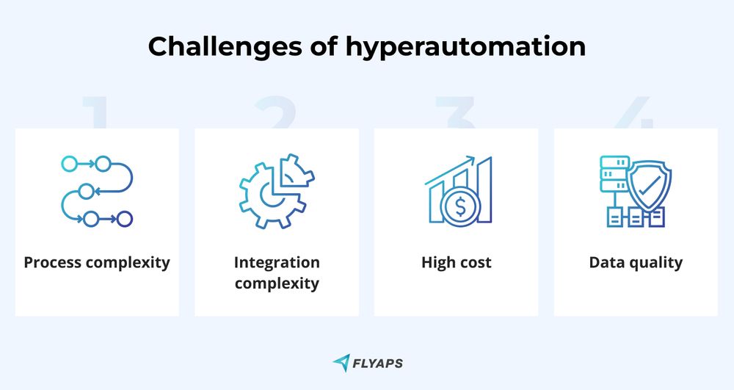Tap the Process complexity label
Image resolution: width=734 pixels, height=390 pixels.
(x=97, y=262)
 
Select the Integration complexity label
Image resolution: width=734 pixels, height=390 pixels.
(x=277, y=272)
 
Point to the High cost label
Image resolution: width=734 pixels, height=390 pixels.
(x=456, y=262)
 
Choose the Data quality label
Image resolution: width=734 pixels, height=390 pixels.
(x=636, y=262)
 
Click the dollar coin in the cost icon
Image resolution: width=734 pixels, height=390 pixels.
(x=460, y=207)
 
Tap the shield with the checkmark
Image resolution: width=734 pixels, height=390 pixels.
(x=648, y=184)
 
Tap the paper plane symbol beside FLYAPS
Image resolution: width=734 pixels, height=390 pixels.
(x=341, y=362)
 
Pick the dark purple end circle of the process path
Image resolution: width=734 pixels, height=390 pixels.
(x=125, y=218)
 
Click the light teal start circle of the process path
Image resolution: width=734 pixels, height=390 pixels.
(x=68, y=163)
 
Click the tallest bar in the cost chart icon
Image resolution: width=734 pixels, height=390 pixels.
(x=484, y=192)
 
